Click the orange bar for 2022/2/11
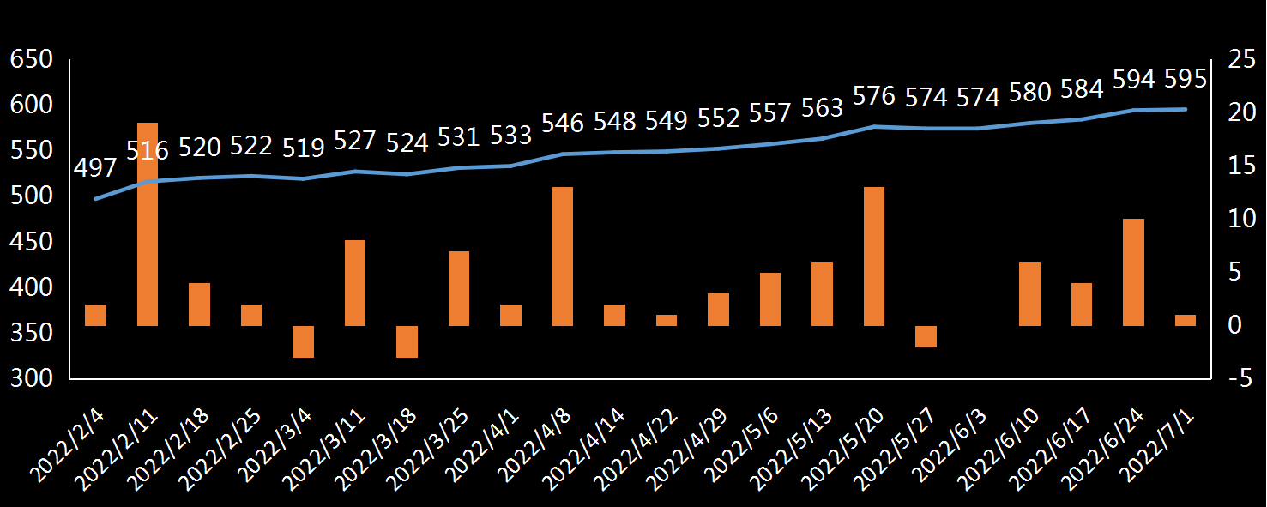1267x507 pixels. pyautogui.click(x=148, y=224)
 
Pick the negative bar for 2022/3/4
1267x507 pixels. pyautogui.click(x=303, y=341)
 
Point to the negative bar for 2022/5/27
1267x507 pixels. pyautogui.click(x=926, y=336)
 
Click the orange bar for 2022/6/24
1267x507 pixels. pyautogui.click(x=1133, y=272)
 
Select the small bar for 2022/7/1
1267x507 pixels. pyautogui.click(x=1185, y=320)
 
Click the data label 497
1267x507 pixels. pyautogui.click(x=94, y=168)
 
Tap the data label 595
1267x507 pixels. pyautogui.click(x=1185, y=79)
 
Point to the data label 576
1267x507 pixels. pyautogui.click(x=874, y=95)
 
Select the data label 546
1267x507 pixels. pyautogui.click(x=563, y=123)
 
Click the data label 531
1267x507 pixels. pyautogui.click(x=459, y=136)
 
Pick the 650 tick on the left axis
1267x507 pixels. pyautogui.click(x=31, y=60)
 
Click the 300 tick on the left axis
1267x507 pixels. pyautogui.click(x=31, y=378)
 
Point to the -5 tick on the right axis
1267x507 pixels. pyautogui.click(x=1238, y=378)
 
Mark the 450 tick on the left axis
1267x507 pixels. pyautogui.click(x=31, y=242)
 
